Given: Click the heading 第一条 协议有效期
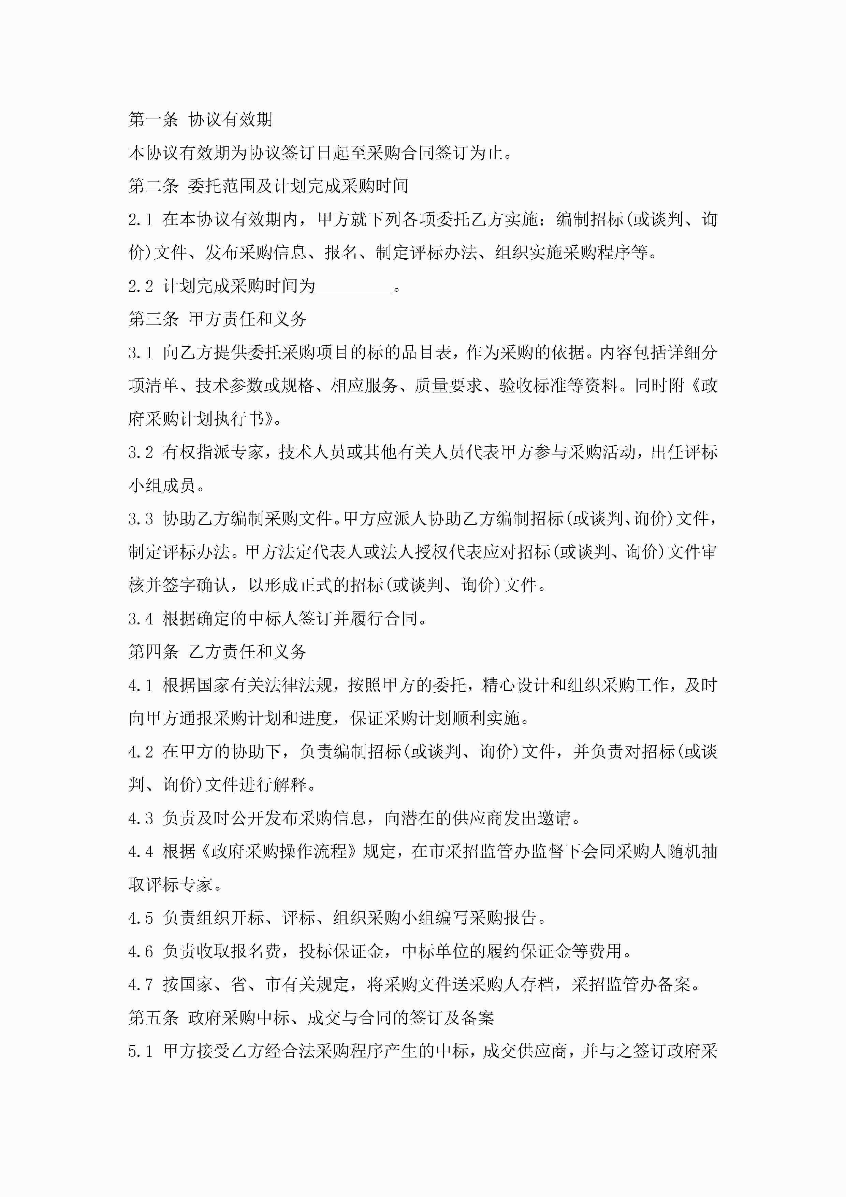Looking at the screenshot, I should pos(200,119).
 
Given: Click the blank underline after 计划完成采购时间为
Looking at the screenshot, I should pos(354,287).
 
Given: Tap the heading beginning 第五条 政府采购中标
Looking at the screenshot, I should pos(311,1018).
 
